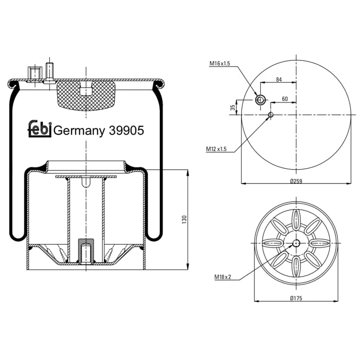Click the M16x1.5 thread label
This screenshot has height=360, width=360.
[x=219, y=63]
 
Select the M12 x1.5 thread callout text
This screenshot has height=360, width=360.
[x=216, y=149]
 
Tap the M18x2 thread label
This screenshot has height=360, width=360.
[x=223, y=277]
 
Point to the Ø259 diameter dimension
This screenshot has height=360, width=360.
[x=296, y=181]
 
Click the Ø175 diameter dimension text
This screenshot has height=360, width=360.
[x=296, y=298]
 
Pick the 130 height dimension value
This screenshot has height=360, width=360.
[x=184, y=220]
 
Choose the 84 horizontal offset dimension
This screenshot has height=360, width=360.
[x=279, y=80]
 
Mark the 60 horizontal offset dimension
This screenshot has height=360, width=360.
[x=285, y=99]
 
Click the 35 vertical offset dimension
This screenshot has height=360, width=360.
[x=233, y=108]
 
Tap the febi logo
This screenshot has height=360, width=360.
[x=39, y=129]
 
